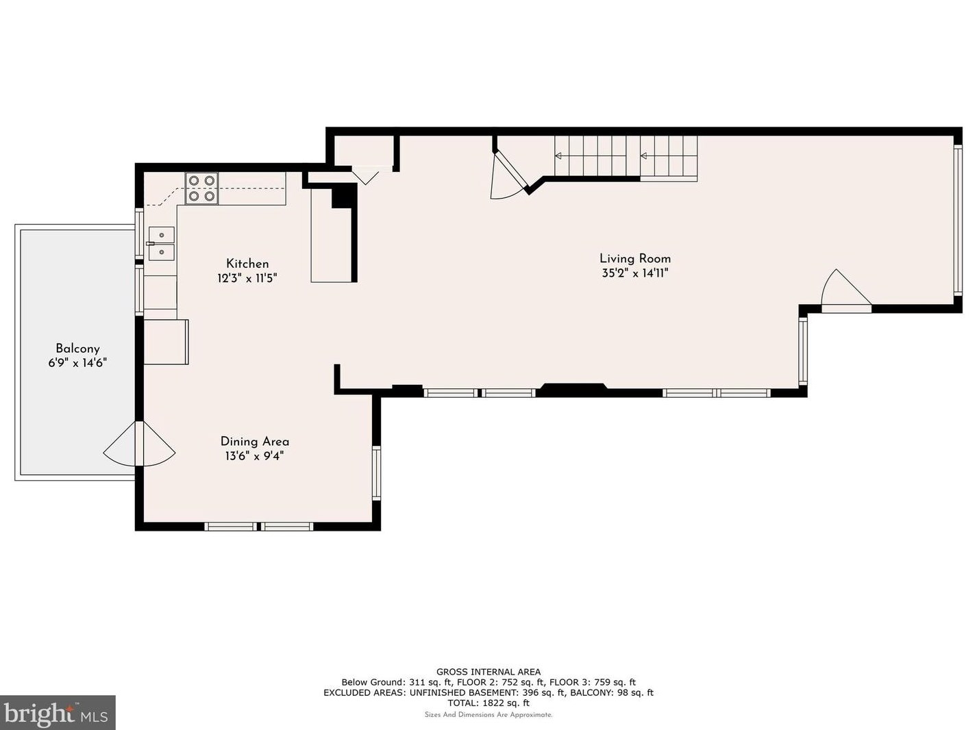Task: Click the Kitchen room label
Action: click(x=247, y=264)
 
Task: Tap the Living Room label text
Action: click(x=635, y=258)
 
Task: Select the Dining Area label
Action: click(x=255, y=441)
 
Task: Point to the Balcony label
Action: click(x=77, y=349)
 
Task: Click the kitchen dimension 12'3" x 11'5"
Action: click(x=247, y=279)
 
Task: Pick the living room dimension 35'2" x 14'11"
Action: click(x=635, y=273)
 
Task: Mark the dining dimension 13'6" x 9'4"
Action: click(x=255, y=456)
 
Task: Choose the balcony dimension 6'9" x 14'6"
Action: click(x=77, y=363)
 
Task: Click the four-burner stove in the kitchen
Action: click(x=201, y=188)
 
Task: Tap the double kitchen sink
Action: click(x=161, y=243)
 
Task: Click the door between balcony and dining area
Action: click(x=139, y=444)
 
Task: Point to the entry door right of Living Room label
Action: click(x=846, y=290)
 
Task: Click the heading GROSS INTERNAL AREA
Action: click(x=488, y=672)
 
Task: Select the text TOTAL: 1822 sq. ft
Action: click(x=488, y=703)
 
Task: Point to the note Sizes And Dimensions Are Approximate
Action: click(x=488, y=715)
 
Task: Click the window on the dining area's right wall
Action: click(x=377, y=473)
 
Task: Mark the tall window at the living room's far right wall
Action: click(x=958, y=220)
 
